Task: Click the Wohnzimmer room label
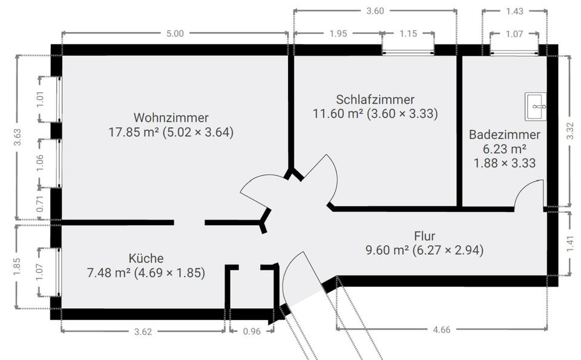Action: coord(171,117)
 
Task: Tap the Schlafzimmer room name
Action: coord(375,99)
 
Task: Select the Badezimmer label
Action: coord(505,134)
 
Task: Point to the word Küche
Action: coord(146,258)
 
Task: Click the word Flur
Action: coord(425,236)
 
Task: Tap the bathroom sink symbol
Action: coord(536,106)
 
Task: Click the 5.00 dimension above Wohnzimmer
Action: coord(174,34)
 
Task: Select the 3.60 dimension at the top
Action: coord(375,10)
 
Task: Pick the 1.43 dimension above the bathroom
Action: coord(514,11)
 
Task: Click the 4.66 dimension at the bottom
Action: coord(442,330)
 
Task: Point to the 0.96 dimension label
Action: coord(251,331)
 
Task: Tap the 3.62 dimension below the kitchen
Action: coord(143,331)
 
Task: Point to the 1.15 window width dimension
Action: coord(408,34)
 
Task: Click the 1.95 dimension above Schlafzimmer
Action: coord(338,34)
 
